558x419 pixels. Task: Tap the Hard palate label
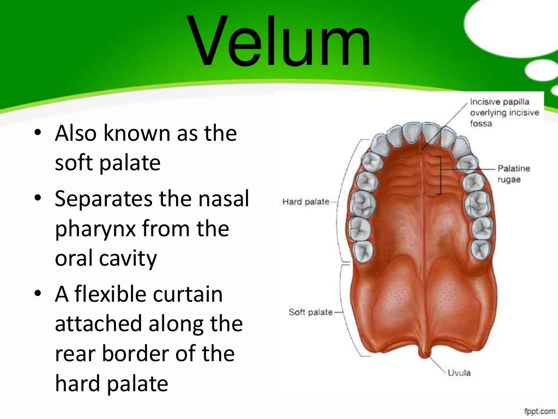pyautogui.click(x=306, y=202)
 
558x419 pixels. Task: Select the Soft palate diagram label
pyautogui.click(x=310, y=312)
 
